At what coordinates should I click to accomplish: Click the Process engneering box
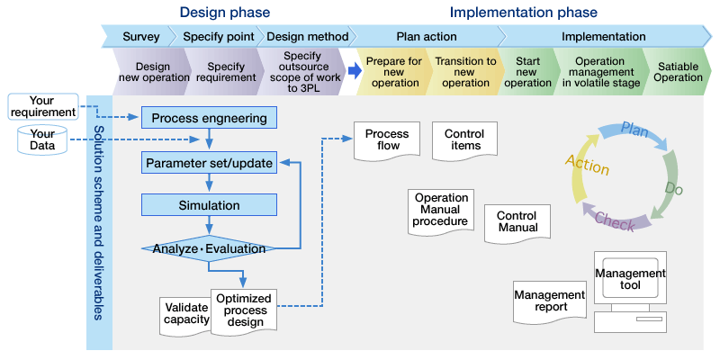209,118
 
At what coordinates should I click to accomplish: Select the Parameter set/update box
209,163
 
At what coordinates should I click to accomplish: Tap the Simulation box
209,205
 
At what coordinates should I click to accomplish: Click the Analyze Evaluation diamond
209,248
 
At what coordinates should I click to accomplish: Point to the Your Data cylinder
42,140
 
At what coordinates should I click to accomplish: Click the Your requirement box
43,106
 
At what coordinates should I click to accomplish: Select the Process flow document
387,141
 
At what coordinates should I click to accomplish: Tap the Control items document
464,141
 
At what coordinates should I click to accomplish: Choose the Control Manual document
517,223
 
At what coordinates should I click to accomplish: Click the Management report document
550,301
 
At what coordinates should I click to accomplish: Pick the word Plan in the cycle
634,130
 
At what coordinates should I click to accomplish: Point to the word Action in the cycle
588,165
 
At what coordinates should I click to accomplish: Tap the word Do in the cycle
673,188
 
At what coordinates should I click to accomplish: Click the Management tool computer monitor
630,277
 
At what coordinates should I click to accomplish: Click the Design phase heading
224,12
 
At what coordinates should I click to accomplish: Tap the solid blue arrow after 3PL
355,71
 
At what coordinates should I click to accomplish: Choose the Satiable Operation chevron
677,72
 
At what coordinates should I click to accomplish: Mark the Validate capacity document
186,314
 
